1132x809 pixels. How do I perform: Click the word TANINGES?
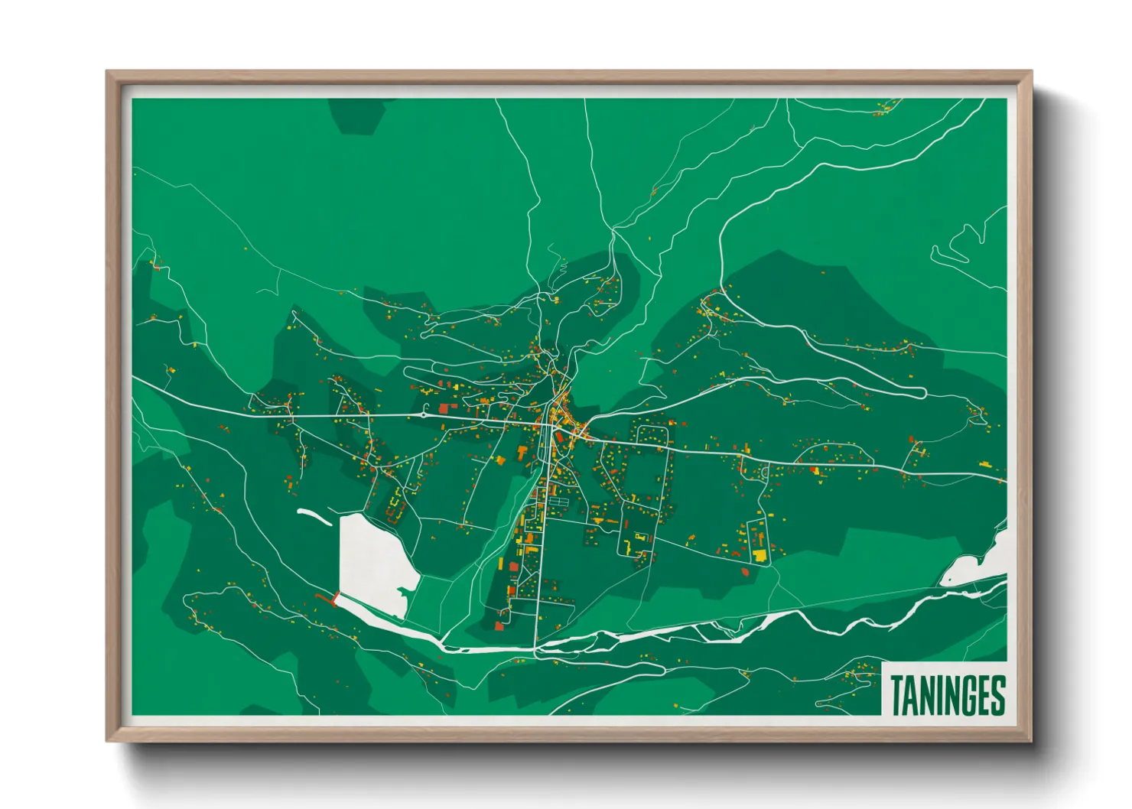click(947, 695)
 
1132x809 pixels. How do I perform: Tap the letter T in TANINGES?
click(896, 695)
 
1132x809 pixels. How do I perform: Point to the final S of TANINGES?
click(997, 695)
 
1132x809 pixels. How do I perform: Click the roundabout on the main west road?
click(423, 415)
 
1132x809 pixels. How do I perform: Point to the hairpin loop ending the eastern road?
click(922, 392)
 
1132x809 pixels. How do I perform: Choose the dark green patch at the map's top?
click(356, 115)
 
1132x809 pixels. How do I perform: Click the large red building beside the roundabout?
click(444, 409)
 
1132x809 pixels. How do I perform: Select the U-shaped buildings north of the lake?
click(395, 506)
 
